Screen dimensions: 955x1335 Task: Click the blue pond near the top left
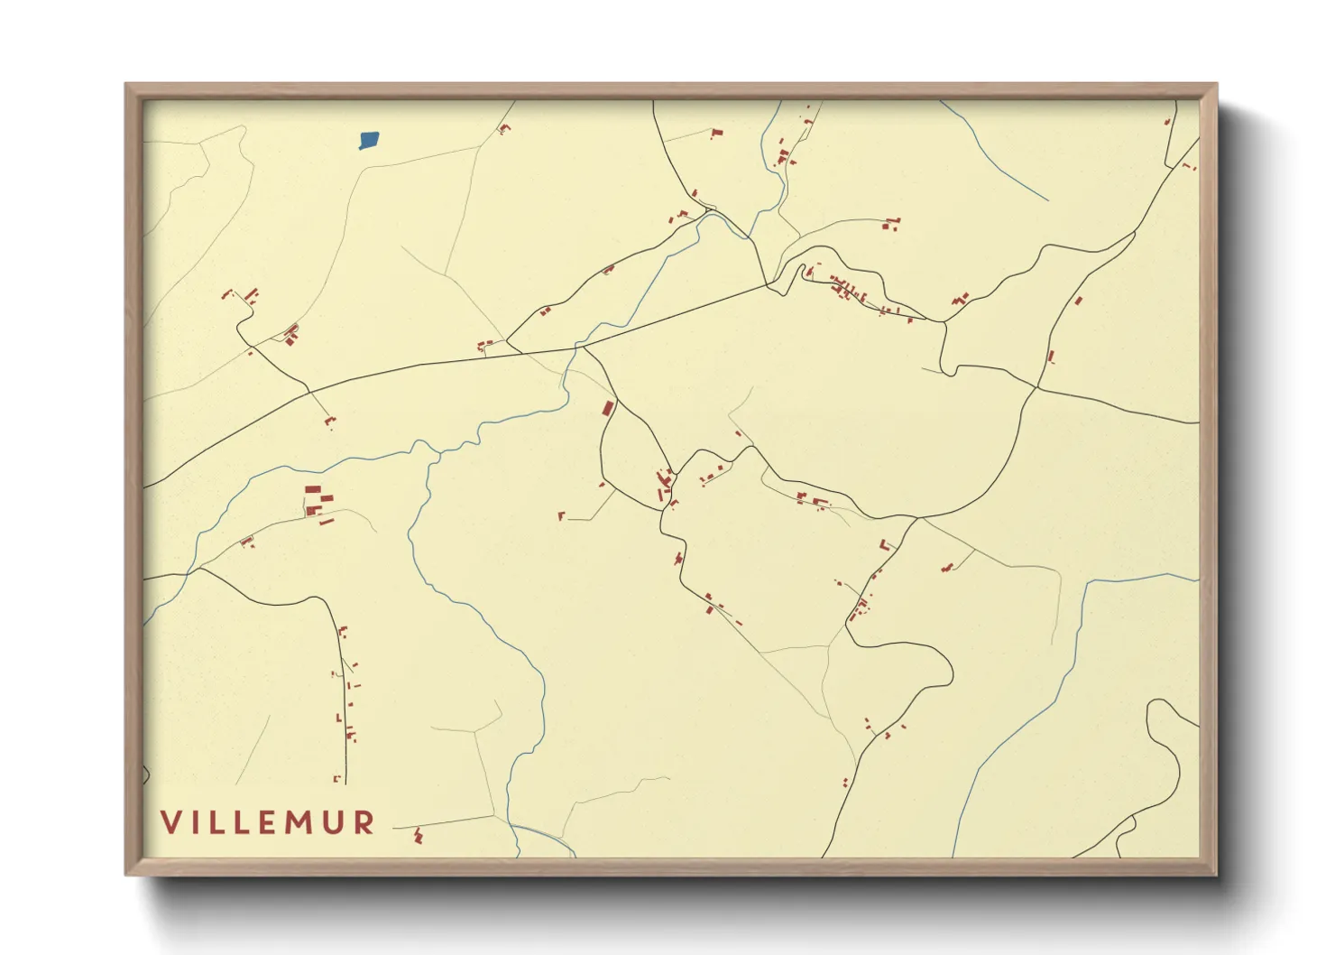pyautogui.click(x=369, y=140)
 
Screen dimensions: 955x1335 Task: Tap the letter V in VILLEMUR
pyautogui.click(x=171, y=822)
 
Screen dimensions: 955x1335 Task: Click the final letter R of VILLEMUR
pyautogui.click(x=364, y=822)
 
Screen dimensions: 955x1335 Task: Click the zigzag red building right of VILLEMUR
pyautogui.click(x=418, y=836)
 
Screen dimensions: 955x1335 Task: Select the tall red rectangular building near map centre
pyautogui.click(x=609, y=408)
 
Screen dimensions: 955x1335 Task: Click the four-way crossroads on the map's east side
pyautogui.click(x=1036, y=388)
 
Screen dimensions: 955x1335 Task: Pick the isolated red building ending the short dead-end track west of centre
pyautogui.click(x=561, y=516)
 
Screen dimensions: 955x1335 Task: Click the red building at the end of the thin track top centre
pyautogui.click(x=717, y=134)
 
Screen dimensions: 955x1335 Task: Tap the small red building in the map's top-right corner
pyautogui.click(x=1189, y=166)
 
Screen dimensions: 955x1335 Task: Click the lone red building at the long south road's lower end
pyautogui.click(x=336, y=778)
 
